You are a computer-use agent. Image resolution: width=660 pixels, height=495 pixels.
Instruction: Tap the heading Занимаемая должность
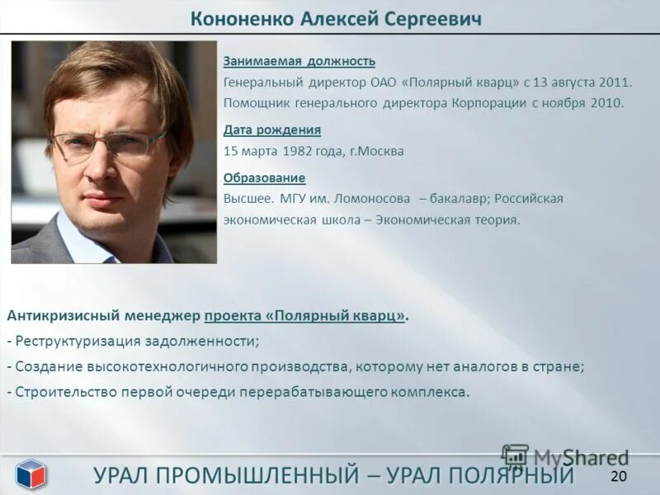click(x=299, y=61)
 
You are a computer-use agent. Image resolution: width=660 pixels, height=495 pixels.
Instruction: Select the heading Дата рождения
click(x=272, y=130)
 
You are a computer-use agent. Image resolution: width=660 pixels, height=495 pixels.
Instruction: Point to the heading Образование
click(x=264, y=177)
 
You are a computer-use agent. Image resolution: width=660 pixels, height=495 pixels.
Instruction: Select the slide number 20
click(x=619, y=476)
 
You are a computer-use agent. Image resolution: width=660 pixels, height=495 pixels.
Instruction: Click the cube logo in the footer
click(x=31, y=474)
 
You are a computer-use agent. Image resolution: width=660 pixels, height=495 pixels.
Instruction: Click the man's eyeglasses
click(x=107, y=146)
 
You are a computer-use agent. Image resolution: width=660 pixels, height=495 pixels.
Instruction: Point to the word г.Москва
click(x=377, y=151)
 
